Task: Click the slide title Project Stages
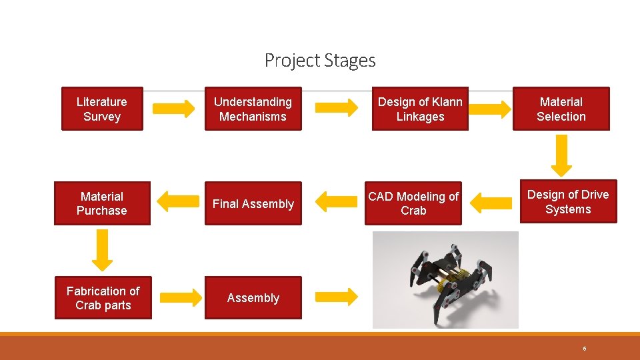(x=320, y=61)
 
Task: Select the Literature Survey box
(x=102, y=109)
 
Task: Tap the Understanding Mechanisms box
(x=253, y=109)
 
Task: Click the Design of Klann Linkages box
(x=420, y=109)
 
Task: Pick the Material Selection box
(x=561, y=109)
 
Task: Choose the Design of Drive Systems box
(x=568, y=201)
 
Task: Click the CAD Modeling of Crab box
(x=413, y=203)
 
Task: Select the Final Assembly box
(x=253, y=203)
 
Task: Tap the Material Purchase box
(x=102, y=203)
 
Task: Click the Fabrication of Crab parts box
(x=103, y=298)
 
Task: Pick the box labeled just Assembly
(x=253, y=298)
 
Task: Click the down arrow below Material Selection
(x=562, y=155)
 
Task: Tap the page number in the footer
(x=584, y=348)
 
